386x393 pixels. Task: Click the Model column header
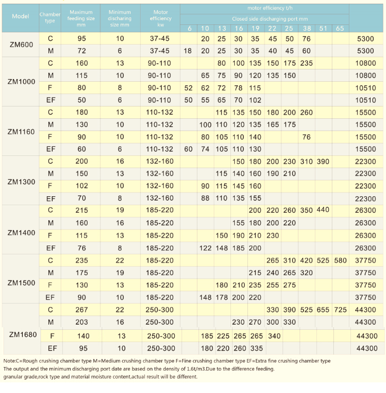click(20, 16)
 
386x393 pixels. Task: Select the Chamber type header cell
click(50, 18)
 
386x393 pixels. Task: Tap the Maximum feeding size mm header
click(81, 18)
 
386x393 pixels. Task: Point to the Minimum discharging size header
click(119, 18)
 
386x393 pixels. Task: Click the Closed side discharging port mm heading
click(270, 19)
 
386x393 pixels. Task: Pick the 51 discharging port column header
click(323, 28)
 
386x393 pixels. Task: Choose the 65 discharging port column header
click(340, 28)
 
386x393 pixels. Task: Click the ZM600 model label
click(21, 45)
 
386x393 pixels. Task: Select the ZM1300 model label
click(21, 182)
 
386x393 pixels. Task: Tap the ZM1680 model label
click(23, 335)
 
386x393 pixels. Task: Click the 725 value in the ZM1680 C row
click(340, 310)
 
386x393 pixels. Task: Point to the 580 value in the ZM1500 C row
click(340, 260)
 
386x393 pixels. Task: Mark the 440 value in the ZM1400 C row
click(323, 209)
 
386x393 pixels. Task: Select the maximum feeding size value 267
click(82, 310)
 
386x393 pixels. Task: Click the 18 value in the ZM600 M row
click(188, 51)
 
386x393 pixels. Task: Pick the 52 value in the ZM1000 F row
click(188, 88)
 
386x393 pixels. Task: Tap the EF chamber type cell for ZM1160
click(50, 149)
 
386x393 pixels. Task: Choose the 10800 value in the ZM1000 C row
click(366, 63)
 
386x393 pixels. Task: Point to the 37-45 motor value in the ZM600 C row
click(160, 39)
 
